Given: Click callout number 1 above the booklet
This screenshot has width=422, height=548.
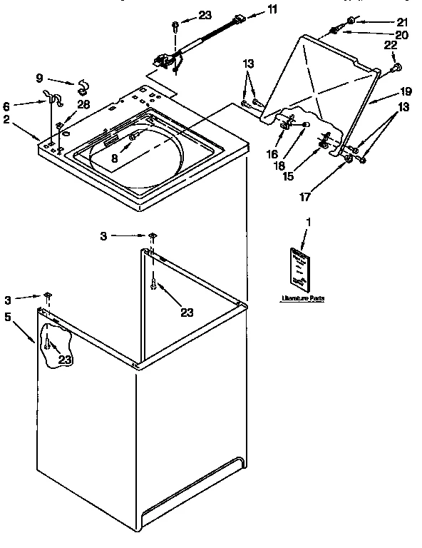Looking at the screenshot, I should pos(309,223).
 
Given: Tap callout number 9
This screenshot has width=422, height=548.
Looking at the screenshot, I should pos(39,77).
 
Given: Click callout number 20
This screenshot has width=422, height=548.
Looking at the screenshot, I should pos(401,34).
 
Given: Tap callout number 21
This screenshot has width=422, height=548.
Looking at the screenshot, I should pos(402,21).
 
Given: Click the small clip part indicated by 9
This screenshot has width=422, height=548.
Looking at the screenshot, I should pos(82,88).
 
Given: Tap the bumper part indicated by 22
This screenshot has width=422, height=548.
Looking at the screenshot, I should pos(396,68).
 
